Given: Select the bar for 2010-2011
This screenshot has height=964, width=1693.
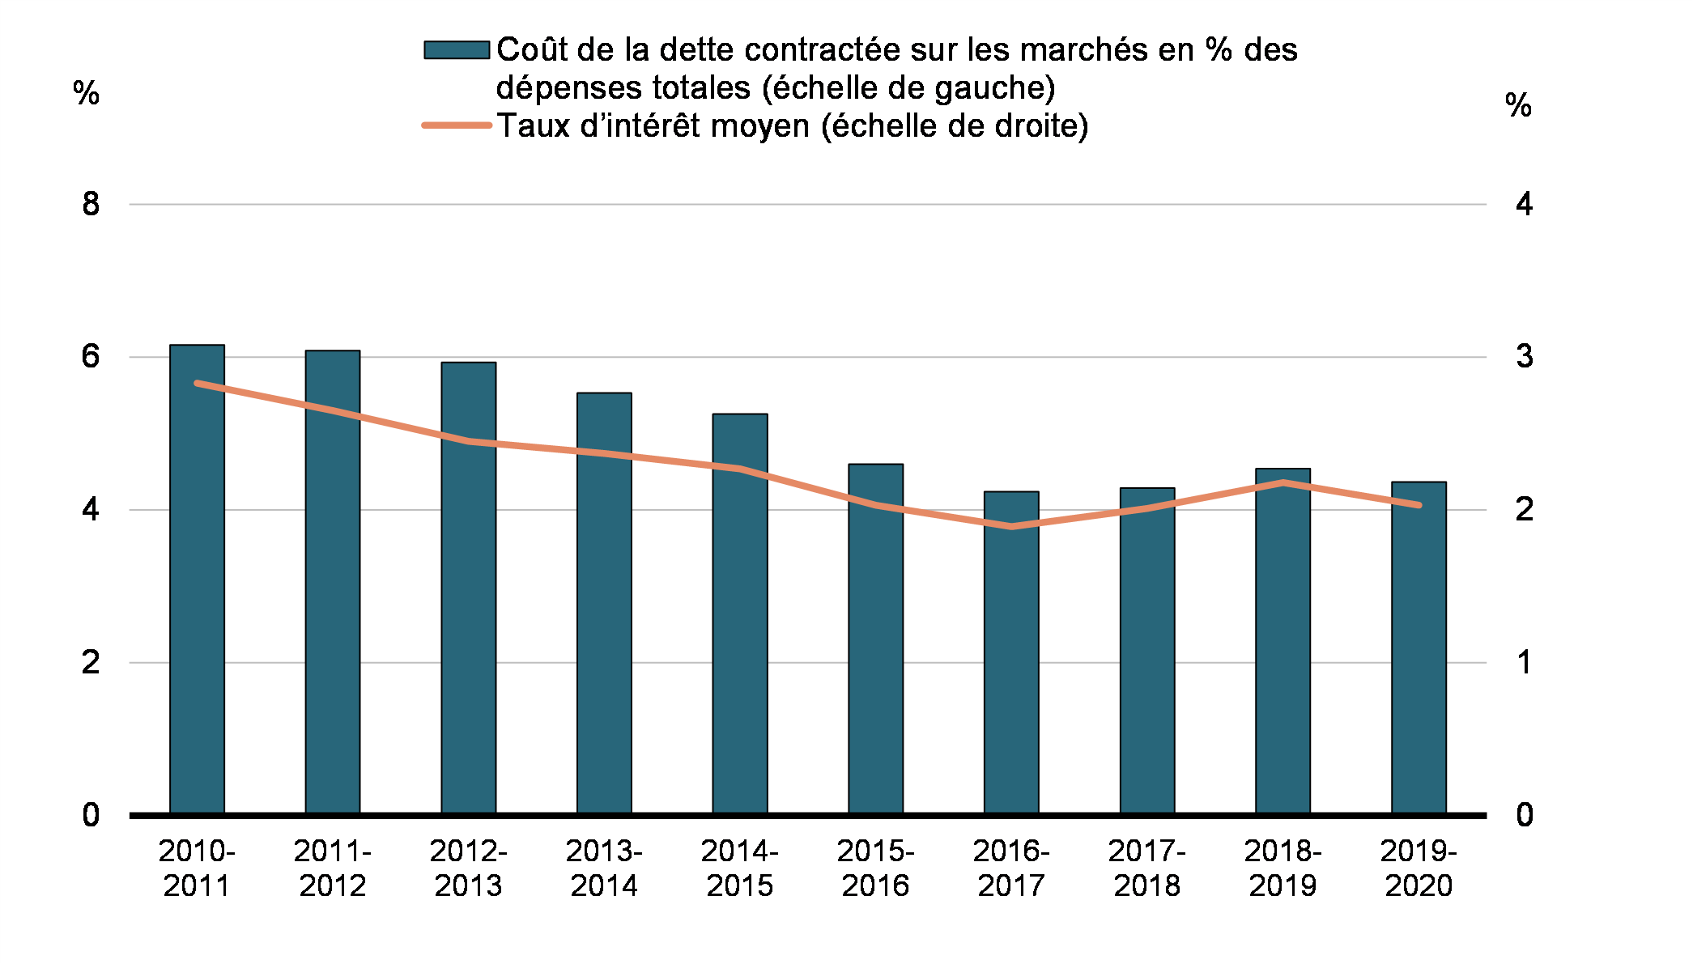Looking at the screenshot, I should pyautogui.click(x=197, y=579).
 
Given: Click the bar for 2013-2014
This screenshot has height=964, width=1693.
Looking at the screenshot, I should pyautogui.click(x=604, y=603).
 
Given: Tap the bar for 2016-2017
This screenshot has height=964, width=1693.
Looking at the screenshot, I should pyautogui.click(x=1011, y=652).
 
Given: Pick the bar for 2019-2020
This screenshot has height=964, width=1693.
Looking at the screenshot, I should pyautogui.click(x=1419, y=648).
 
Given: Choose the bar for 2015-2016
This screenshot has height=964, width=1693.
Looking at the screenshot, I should pyautogui.click(x=875, y=639).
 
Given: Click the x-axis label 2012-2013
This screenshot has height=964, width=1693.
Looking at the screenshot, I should pyautogui.click(x=468, y=868).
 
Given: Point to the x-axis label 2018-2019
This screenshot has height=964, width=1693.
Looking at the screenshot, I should pyautogui.click(x=1283, y=868).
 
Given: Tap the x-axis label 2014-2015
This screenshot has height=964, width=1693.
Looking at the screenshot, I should pyautogui.click(x=739, y=868).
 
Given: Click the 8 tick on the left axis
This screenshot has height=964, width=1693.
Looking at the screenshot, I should pyautogui.click(x=91, y=204).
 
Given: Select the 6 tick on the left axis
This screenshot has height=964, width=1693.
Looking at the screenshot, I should pyautogui.click(x=91, y=356).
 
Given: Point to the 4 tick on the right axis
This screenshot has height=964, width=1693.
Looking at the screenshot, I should pyautogui.click(x=1524, y=204).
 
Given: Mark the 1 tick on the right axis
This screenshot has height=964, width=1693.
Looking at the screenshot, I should pyautogui.click(x=1524, y=662).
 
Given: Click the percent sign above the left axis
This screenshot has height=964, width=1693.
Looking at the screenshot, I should pyautogui.click(x=86, y=93).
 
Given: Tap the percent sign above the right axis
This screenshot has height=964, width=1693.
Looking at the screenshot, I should pyautogui.click(x=1518, y=105).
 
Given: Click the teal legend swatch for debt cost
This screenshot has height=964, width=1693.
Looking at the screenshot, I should pyautogui.click(x=457, y=50).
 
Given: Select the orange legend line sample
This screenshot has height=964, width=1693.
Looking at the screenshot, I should pyautogui.click(x=457, y=125).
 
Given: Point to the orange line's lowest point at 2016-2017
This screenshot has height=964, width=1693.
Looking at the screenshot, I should pyautogui.click(x=1011, y=526).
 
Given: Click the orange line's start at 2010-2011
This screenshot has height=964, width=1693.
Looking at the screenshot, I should pyautogui.click(x=198, y=383).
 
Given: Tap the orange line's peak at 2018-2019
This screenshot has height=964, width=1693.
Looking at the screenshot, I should pyautogui.click(x=1283, y=482).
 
